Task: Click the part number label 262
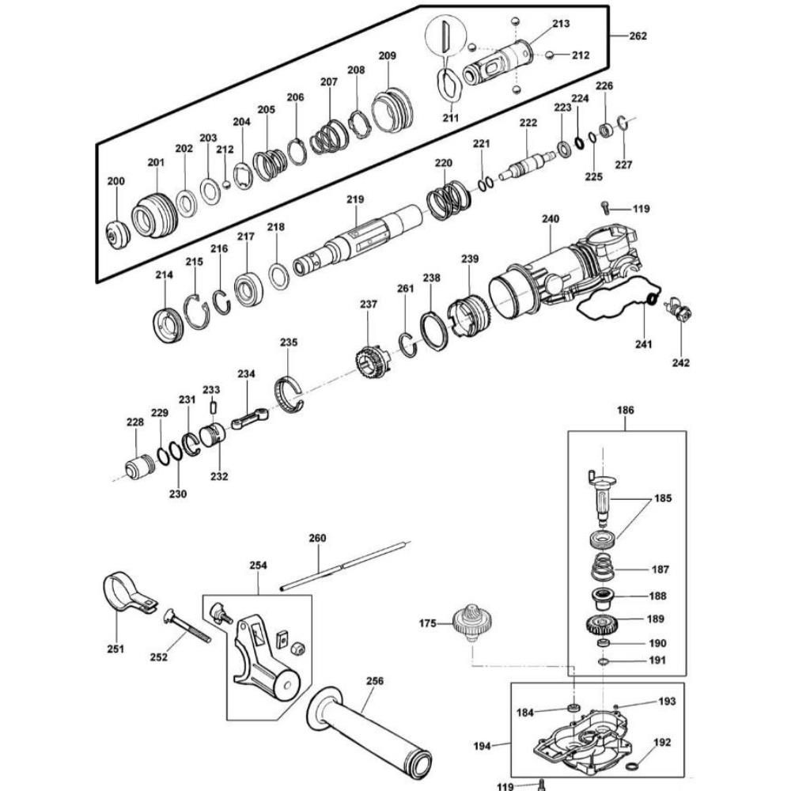tap(638, 36)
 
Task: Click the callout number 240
tap(550, 219)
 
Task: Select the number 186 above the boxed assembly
tap(626, 411)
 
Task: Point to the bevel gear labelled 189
tap(605, 624)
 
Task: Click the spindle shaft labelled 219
tap(364, 241)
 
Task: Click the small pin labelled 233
tap(212, 406)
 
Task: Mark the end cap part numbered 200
tap(119, 234)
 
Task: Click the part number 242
tap(681, 363)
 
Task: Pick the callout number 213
tap(561, 24)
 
